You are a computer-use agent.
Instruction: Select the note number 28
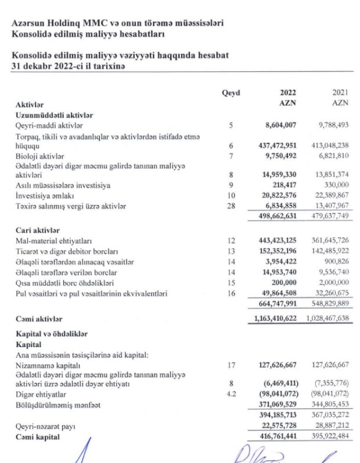pos(231,207)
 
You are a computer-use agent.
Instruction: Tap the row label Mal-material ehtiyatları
pos(56,241)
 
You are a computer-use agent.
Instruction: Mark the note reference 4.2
pos(231,394)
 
